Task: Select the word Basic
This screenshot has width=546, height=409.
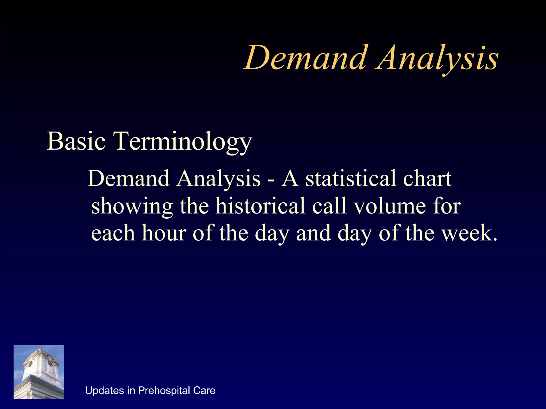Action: [x=76, y=141]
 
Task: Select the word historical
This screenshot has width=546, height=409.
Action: [x=260, y=206]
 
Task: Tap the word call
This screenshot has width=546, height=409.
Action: [x=330, y=206]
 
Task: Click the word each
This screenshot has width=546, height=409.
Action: [x=113, y=233]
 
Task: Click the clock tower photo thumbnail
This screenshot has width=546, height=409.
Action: [x=39, y=372]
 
